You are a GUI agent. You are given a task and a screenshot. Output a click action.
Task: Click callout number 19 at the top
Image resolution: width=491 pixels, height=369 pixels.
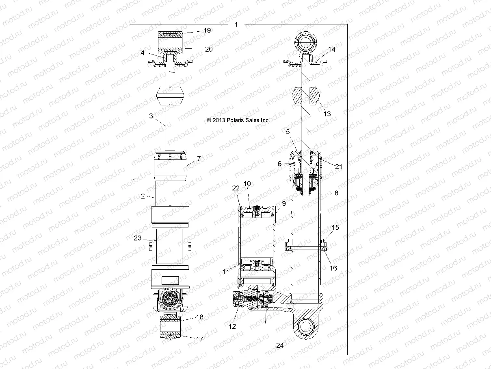[x=207, y=31]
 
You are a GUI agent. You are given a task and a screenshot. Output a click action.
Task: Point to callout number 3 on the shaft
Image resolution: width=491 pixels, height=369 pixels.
[x=151, y=116]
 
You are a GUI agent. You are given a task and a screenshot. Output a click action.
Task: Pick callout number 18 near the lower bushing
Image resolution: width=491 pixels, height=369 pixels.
[x=199, y=317]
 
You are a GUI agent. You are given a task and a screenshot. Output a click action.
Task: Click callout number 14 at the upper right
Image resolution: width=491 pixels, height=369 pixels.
[x=332, y=49]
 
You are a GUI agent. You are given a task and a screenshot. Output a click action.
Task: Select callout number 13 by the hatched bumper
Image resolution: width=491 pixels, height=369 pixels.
[x=327, y=114]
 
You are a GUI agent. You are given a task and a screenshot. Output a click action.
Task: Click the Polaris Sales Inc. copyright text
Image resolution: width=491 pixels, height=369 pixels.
[x=238, y=120]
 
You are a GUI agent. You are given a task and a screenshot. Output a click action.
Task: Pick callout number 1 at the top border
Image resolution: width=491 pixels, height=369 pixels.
[x=236, y=24]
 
